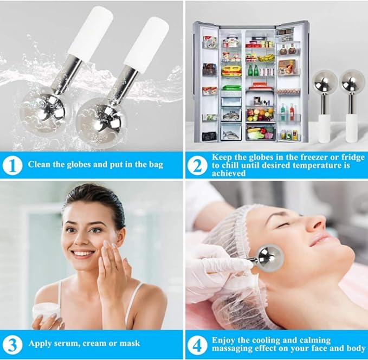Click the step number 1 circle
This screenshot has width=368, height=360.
(13, 165)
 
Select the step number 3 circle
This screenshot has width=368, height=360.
(13, 343)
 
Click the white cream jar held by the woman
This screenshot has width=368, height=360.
(46, 310)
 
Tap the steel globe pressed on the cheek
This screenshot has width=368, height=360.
(269, 257)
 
